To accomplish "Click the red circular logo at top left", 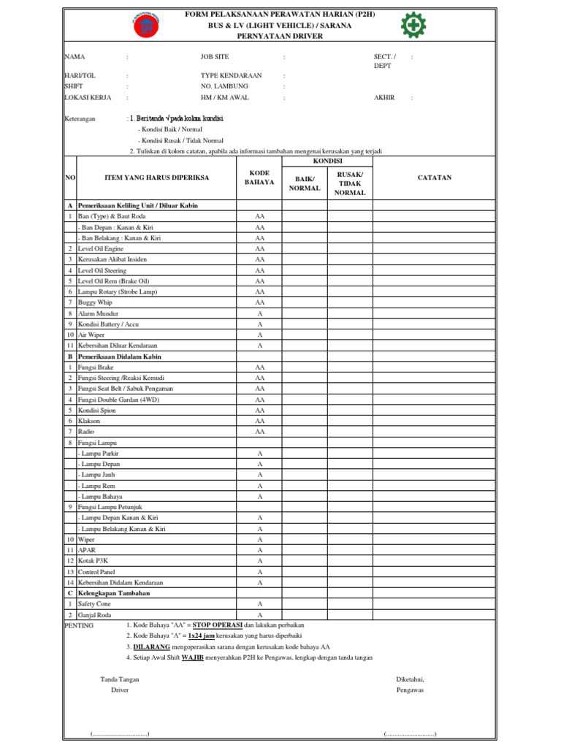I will click(x=146, y=26).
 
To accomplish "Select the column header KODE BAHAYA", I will click(x=259, y=178).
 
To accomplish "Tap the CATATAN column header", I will click(x=435, y=178).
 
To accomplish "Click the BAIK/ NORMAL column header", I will click(x=305, y=183).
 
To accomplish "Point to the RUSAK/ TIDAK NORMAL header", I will click(x=349, y=183).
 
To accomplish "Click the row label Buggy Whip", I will click(x=95, y=302).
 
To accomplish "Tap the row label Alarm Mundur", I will click(x=98, y=313).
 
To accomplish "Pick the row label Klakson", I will click(x=90, y=421).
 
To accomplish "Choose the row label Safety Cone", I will click(x=95, y=604).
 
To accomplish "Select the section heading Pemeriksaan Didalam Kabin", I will click(x=119, y=356).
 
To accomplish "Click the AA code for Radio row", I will click(x=259, y=432).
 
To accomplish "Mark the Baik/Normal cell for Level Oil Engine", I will click(x=305, y=249).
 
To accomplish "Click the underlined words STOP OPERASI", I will click(x=217, y=625).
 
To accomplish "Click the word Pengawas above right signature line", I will click(x=411, y=690).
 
